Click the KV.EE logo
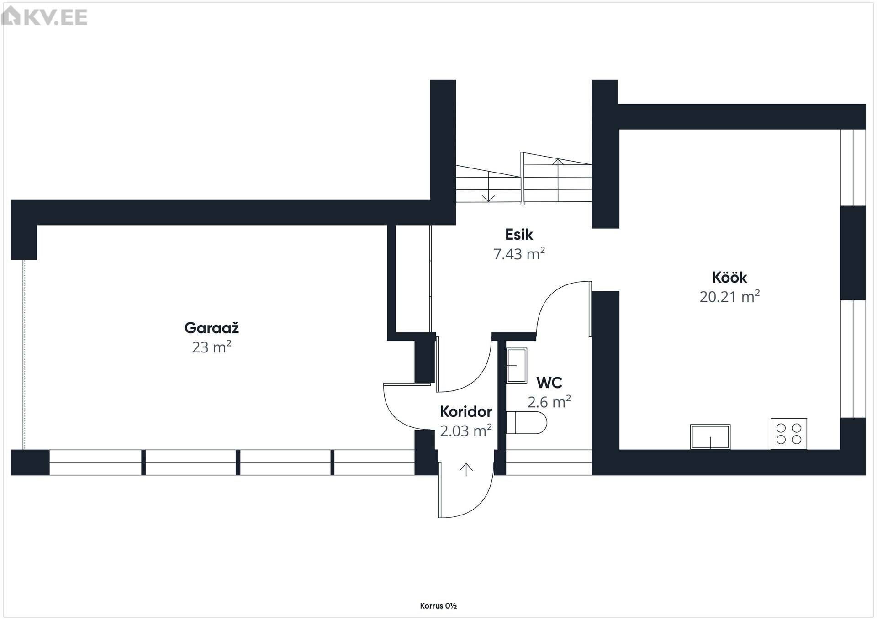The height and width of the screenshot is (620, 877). coord(44,17)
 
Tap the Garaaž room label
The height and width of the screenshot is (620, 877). coord(211,328)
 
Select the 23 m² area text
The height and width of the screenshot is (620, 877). coord(211,347)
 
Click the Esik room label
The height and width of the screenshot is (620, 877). coord(519,235)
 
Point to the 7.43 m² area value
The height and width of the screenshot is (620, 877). coord(519,254)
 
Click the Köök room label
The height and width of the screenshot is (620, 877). coord(729,278)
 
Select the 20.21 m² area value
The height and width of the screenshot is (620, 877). coord(729,297)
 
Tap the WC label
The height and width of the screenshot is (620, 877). coord(549,382)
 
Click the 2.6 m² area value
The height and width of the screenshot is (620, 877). coord(549,402)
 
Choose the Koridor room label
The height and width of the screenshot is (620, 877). coord(466,412)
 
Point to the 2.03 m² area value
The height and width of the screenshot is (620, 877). coord(466,431)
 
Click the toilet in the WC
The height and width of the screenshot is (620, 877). coord(526,423)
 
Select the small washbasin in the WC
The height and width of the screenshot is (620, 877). coord(517,365)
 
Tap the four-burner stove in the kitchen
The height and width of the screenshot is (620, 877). coord(789,434)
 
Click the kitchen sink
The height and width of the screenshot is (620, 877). coord(710,437)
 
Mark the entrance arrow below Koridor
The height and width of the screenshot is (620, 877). coord(466,470)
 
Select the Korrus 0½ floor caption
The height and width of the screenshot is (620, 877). coord(438,606)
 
